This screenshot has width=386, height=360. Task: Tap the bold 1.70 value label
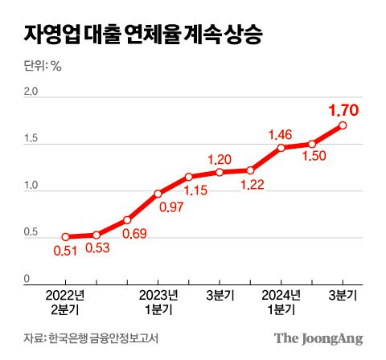343,110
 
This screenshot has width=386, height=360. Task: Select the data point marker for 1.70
343,125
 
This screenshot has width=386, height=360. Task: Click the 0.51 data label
65,253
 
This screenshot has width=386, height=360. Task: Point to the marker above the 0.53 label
96,235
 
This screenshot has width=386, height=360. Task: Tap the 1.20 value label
220,158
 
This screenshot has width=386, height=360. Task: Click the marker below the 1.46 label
281,148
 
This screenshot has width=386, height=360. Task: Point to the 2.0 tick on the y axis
31,92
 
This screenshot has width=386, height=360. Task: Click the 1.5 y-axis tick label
31,140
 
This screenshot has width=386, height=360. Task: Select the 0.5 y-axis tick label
31,233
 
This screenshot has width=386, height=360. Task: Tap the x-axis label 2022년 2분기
65,301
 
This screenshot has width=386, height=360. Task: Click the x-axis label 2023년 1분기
158,301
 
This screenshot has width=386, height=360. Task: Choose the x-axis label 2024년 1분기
281,301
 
